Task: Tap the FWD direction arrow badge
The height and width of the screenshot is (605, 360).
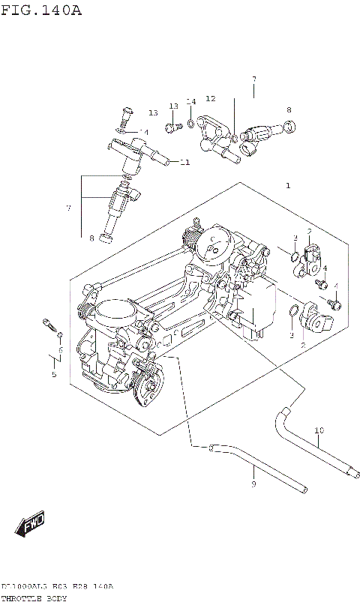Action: click(x=31, y=523)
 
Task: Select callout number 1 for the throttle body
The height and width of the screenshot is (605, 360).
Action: click(x=287, y=185)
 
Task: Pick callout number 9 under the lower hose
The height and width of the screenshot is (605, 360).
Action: click(x=253, y=485)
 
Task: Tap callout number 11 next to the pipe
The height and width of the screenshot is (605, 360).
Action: click(x=184, y=162)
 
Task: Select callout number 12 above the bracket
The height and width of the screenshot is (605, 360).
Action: click(x=210, y=98)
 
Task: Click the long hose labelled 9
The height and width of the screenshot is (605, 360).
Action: click(x=255, y=465)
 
